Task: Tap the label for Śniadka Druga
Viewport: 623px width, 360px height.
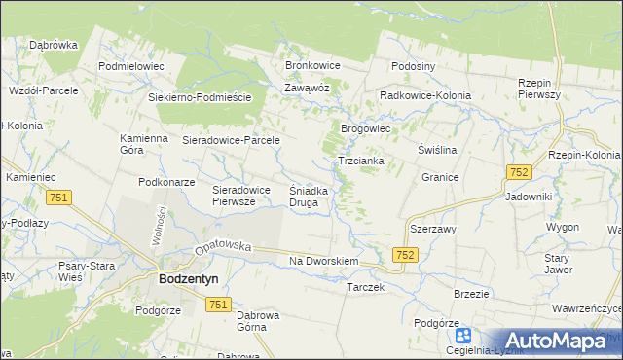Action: point(313,197)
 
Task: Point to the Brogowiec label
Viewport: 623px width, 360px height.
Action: point(365,128)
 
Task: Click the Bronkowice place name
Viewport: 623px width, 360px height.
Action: point(311,65)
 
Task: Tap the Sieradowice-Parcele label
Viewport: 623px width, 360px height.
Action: point(232,140)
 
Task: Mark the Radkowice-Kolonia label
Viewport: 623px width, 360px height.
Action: point(425,96)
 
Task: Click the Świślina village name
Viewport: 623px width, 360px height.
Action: point(437,151)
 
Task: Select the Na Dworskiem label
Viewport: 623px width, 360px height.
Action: point(325,262)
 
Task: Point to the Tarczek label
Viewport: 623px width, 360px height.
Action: point(366,288)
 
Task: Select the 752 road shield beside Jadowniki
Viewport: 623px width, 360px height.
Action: point(518,172)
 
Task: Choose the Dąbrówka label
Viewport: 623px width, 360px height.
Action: point(54,44)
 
